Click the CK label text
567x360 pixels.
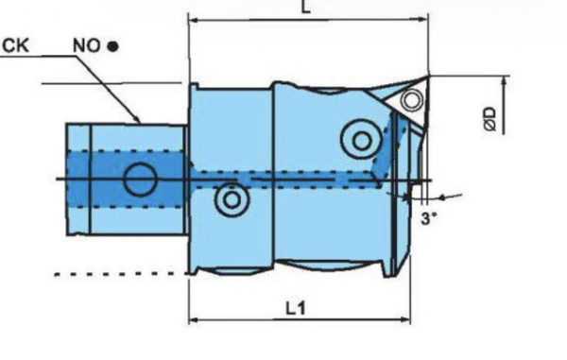[15, 45]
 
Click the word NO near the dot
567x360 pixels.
[87, 46]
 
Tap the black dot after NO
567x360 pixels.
[112, 46]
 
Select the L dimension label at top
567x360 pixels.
[306, 7]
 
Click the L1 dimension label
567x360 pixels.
[296, 309]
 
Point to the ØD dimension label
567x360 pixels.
[490, 118]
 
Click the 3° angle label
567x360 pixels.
[429, 218]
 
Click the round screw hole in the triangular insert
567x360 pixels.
[411, 99]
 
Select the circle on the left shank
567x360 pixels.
[140, 180]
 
